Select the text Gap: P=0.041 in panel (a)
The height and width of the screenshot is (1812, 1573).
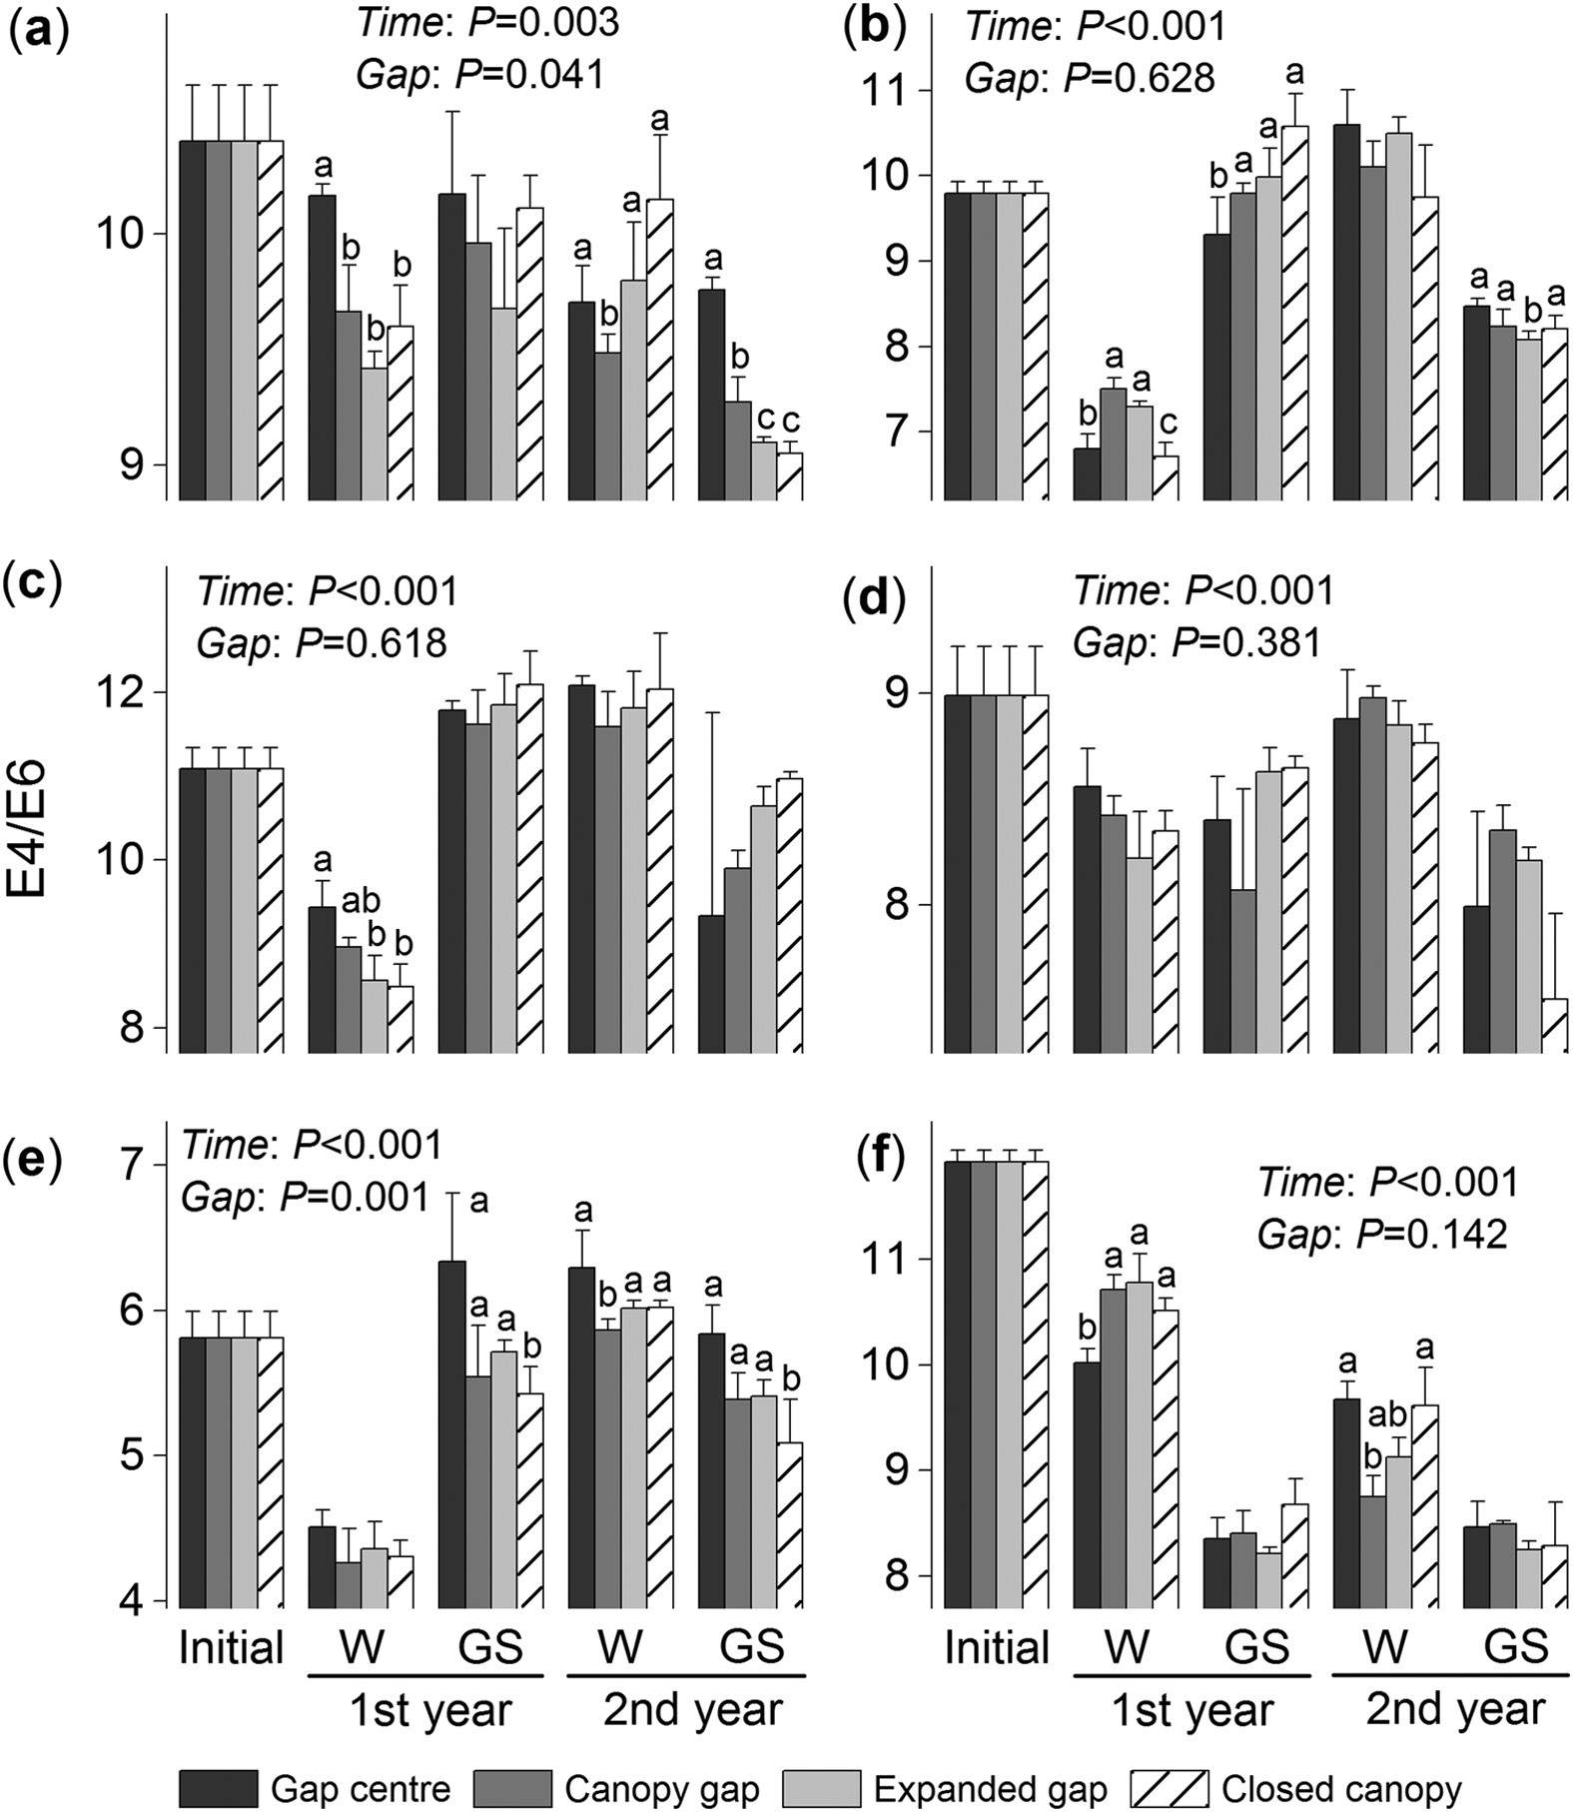pyautogui.click(x=479, y=75)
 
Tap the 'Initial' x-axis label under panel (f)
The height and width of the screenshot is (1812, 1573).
pyautogui.click(x=996, y=1647)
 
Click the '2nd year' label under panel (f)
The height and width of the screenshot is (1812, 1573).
pyautogui.click(x=1455, y=1709)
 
